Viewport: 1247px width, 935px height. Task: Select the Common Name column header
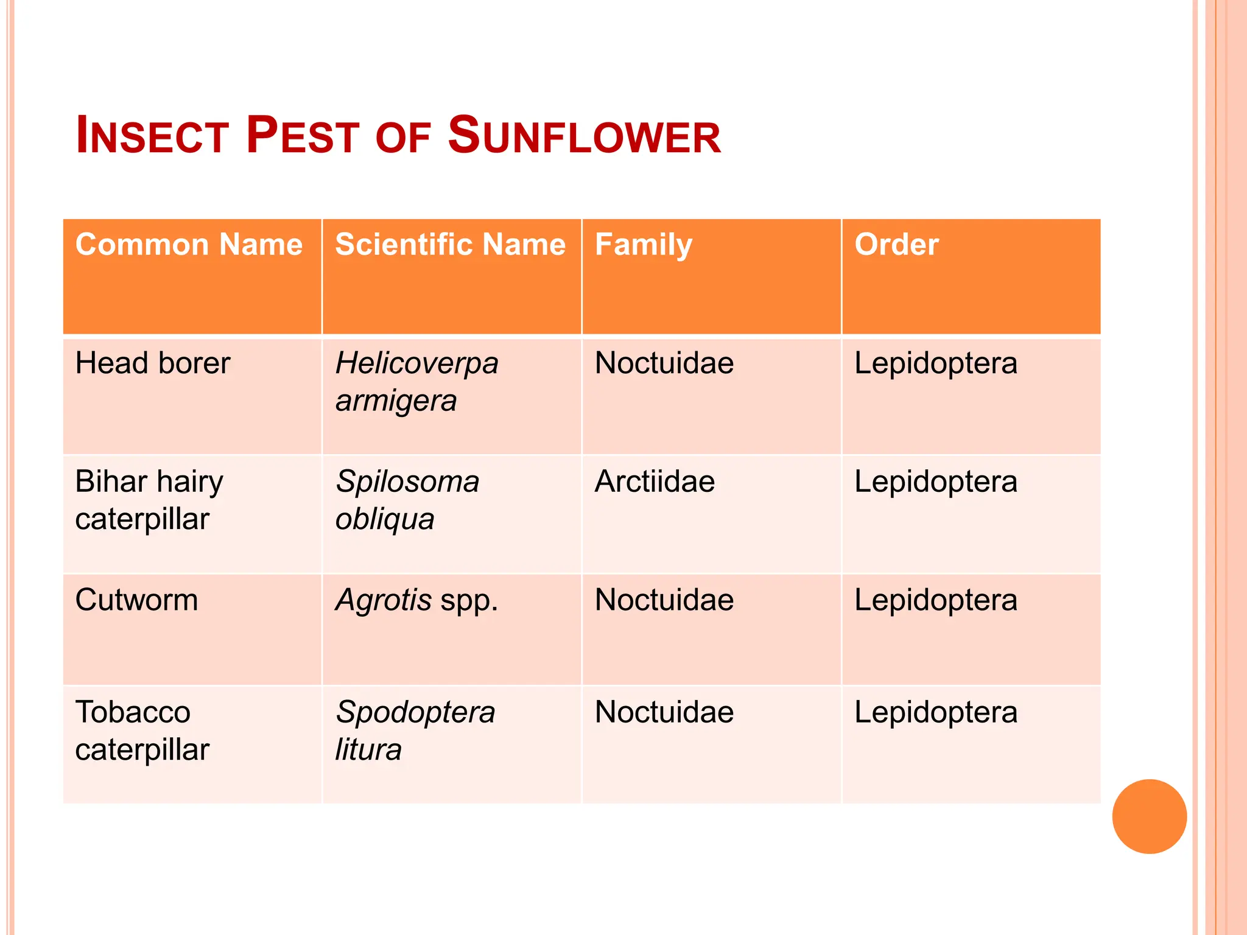(x=189, y=245)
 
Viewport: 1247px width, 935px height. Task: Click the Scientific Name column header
(x=450, y=245)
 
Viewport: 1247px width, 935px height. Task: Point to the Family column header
(x=644, y=245)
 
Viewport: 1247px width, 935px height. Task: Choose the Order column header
(x=896, y=245)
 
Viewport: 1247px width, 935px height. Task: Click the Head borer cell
(x=153, y=363)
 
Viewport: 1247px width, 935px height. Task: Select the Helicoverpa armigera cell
(x=416, y=382)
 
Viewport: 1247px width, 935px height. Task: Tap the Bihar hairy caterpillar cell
(x=149, y=500)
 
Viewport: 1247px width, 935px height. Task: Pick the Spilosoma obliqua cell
(x=407, y=500)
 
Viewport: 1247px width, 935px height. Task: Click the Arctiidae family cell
(x=655, y=482)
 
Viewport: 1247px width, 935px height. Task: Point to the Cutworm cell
(x=137, y=600)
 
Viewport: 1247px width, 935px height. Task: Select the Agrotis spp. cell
(x=416, y=600)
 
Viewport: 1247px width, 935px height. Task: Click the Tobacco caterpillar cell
(x=142, y=730)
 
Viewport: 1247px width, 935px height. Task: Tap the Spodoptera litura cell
(x=415, y=730)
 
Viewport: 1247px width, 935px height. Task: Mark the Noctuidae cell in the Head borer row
(x=664, y=363)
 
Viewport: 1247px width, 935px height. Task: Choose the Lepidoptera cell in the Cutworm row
(x=936, y=600)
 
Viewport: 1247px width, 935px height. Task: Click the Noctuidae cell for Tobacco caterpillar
(x=664, y=712)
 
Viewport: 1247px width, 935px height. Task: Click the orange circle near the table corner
(x=1149, y=816)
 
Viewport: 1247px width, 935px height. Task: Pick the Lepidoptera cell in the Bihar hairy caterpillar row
(x=936, y=482)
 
